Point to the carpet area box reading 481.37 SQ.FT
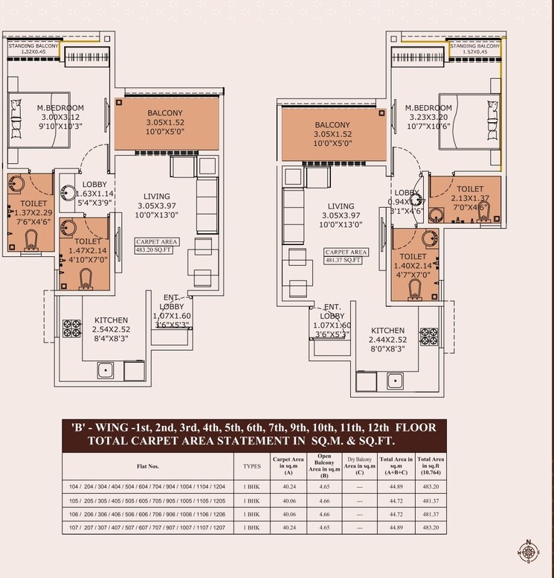344,256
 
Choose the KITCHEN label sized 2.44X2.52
388,340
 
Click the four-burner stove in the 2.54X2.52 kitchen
71,325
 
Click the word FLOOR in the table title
420,428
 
